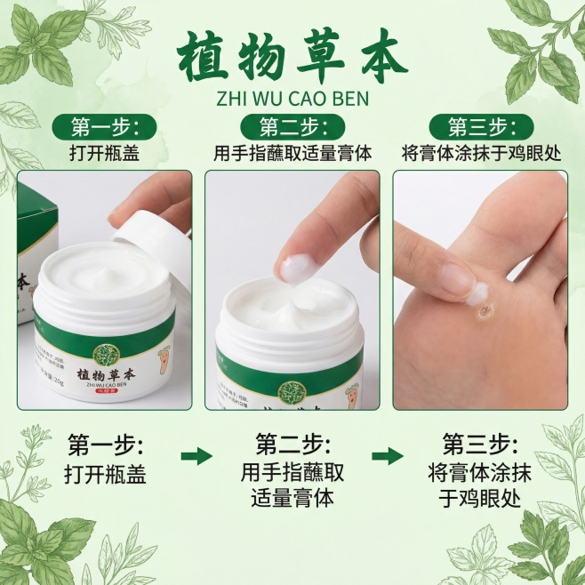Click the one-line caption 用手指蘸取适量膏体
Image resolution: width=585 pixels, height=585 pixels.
[x=292, y=152]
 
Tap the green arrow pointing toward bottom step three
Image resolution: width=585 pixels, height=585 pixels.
[x=387, y=456]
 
